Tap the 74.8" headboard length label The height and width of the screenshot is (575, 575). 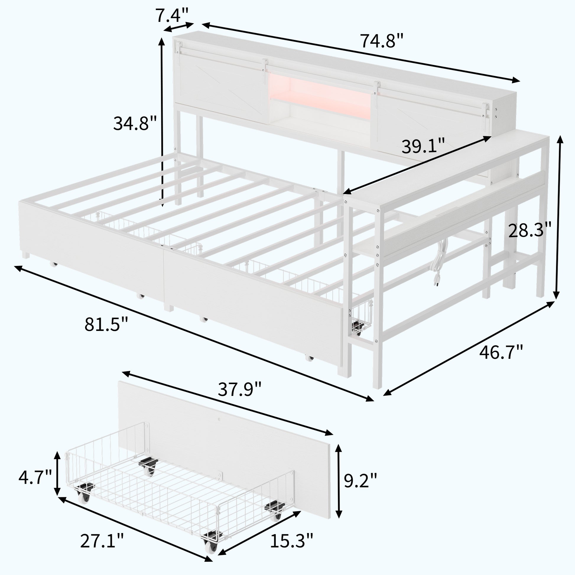(x=382, y=41)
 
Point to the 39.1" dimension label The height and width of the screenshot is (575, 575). (x=423, y=146)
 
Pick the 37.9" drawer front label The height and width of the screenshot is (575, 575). (x=240, y=389)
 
